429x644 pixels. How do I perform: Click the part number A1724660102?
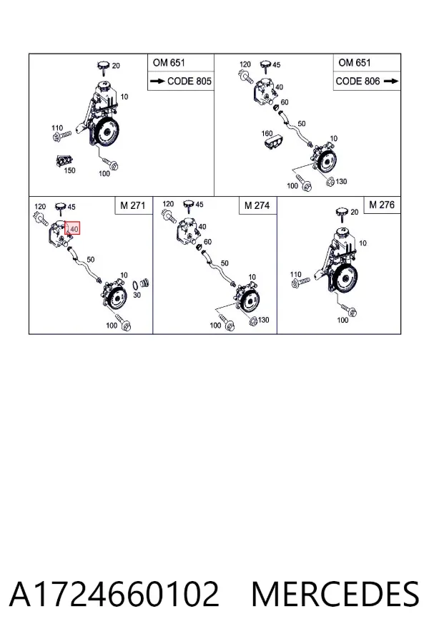click(114, 594)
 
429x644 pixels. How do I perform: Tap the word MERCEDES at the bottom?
click(335, 594)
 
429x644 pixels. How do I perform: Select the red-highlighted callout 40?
click(72, 228)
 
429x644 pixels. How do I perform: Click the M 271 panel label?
click(133, 205)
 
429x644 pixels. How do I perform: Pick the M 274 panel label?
click(257, 205)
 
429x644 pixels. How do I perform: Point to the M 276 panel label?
click(382, 205)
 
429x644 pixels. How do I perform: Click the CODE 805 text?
click(189, 81)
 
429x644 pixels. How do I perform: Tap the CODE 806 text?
click(358, 81)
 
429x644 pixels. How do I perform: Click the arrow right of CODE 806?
click(391, 81)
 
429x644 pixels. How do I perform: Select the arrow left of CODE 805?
click(157, 81)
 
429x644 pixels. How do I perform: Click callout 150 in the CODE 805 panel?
click(69, 170)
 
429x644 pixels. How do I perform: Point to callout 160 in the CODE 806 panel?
click(267, 134)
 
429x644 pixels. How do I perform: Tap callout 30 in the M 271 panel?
click(137, 295)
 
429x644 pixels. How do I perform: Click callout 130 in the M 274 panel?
click(263, 320)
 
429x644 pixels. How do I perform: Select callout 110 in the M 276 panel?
click(295, 274)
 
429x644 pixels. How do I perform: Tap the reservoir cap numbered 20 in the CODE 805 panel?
click(104, 67)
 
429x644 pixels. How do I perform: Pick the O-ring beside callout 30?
click(135, 285)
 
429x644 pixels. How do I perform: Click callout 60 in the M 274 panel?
click(207, 242)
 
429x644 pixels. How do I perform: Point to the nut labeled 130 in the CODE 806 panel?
click(330, 181)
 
